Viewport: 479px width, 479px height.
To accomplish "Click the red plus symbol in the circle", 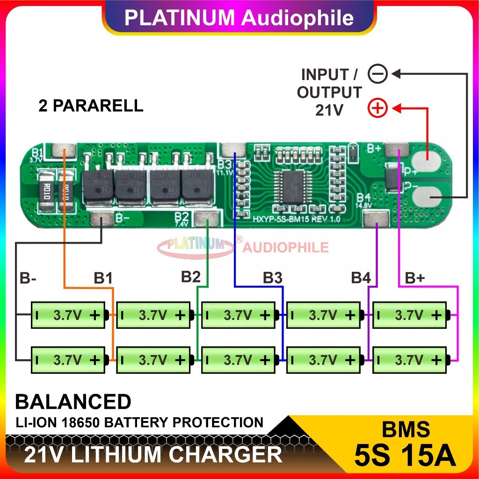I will pyautogui.click(x=377, y=109).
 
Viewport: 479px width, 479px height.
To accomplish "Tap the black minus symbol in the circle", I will pyautogui.click(x=377, y=74).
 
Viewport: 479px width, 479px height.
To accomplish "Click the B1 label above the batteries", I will pyautogui.click(x=103, y=279).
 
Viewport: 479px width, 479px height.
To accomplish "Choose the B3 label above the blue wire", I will pyautogui.click(x=273, y=278).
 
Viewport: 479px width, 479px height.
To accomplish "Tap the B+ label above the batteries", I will pyautogui.click(x=414, y=279).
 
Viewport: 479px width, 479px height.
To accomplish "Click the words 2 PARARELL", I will pyautogui.click(x=91, y=106).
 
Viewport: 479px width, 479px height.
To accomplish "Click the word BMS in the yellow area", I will pyautogui.click(x=405, y=429).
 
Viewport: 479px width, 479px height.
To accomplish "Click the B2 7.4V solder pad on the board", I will pyautogui.click(x=207, y=218).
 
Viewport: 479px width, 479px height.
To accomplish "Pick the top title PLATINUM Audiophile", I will pyautogui.click(x=239, y=18).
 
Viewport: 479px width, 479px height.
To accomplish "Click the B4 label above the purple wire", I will pyautogui.click(x=361, y=278).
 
